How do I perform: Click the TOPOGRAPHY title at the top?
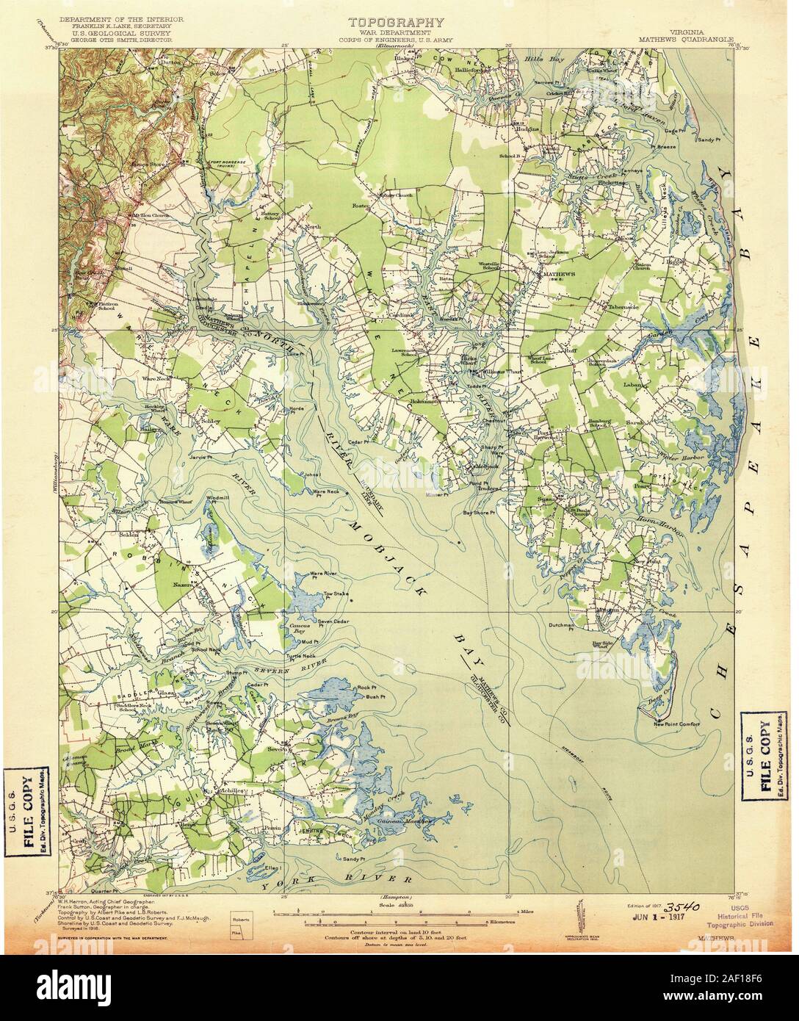coord(396,23)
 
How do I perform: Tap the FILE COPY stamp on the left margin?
coord(29,812)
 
